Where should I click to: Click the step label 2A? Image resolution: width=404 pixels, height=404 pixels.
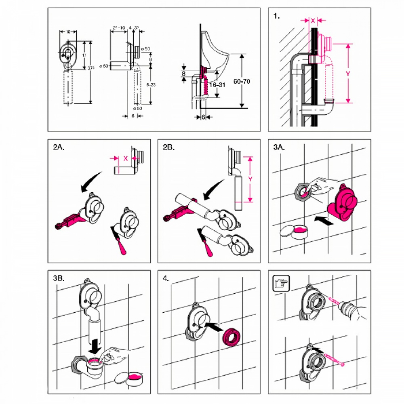pos(59,148)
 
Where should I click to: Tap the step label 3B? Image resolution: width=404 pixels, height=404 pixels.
pos(59,278)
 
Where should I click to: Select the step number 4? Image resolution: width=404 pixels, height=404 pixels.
pos(166,278)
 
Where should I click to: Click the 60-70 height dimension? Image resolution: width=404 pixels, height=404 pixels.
pos(242,82)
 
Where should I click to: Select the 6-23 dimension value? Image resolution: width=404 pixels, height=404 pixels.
pos(151,85)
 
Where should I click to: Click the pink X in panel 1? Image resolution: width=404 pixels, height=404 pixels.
pos(313,20)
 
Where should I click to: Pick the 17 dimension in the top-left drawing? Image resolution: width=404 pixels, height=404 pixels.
pos(84,55)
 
